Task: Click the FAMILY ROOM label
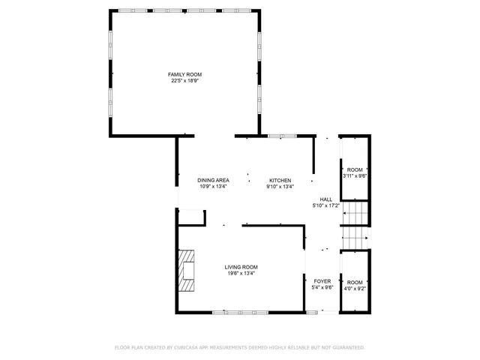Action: (184, 74)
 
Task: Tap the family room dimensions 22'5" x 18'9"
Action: (184, 80)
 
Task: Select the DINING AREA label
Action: (213, 181)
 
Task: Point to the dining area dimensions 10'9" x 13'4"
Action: (213, 187)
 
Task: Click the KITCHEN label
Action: (280, 181)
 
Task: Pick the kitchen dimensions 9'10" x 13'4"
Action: (280, 187)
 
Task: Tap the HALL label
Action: (325, 199)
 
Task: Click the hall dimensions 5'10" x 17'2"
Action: (325, 205)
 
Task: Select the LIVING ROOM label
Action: (241, 267)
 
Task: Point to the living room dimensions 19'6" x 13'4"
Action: (241, 273)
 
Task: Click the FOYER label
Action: (322, 280)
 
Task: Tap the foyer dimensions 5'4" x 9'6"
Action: (322, 286)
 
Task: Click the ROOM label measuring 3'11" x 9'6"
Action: (355, 170)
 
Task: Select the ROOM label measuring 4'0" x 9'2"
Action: (355, 282)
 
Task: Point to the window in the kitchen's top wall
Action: (282, 136)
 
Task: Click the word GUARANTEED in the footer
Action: (347, 347)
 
